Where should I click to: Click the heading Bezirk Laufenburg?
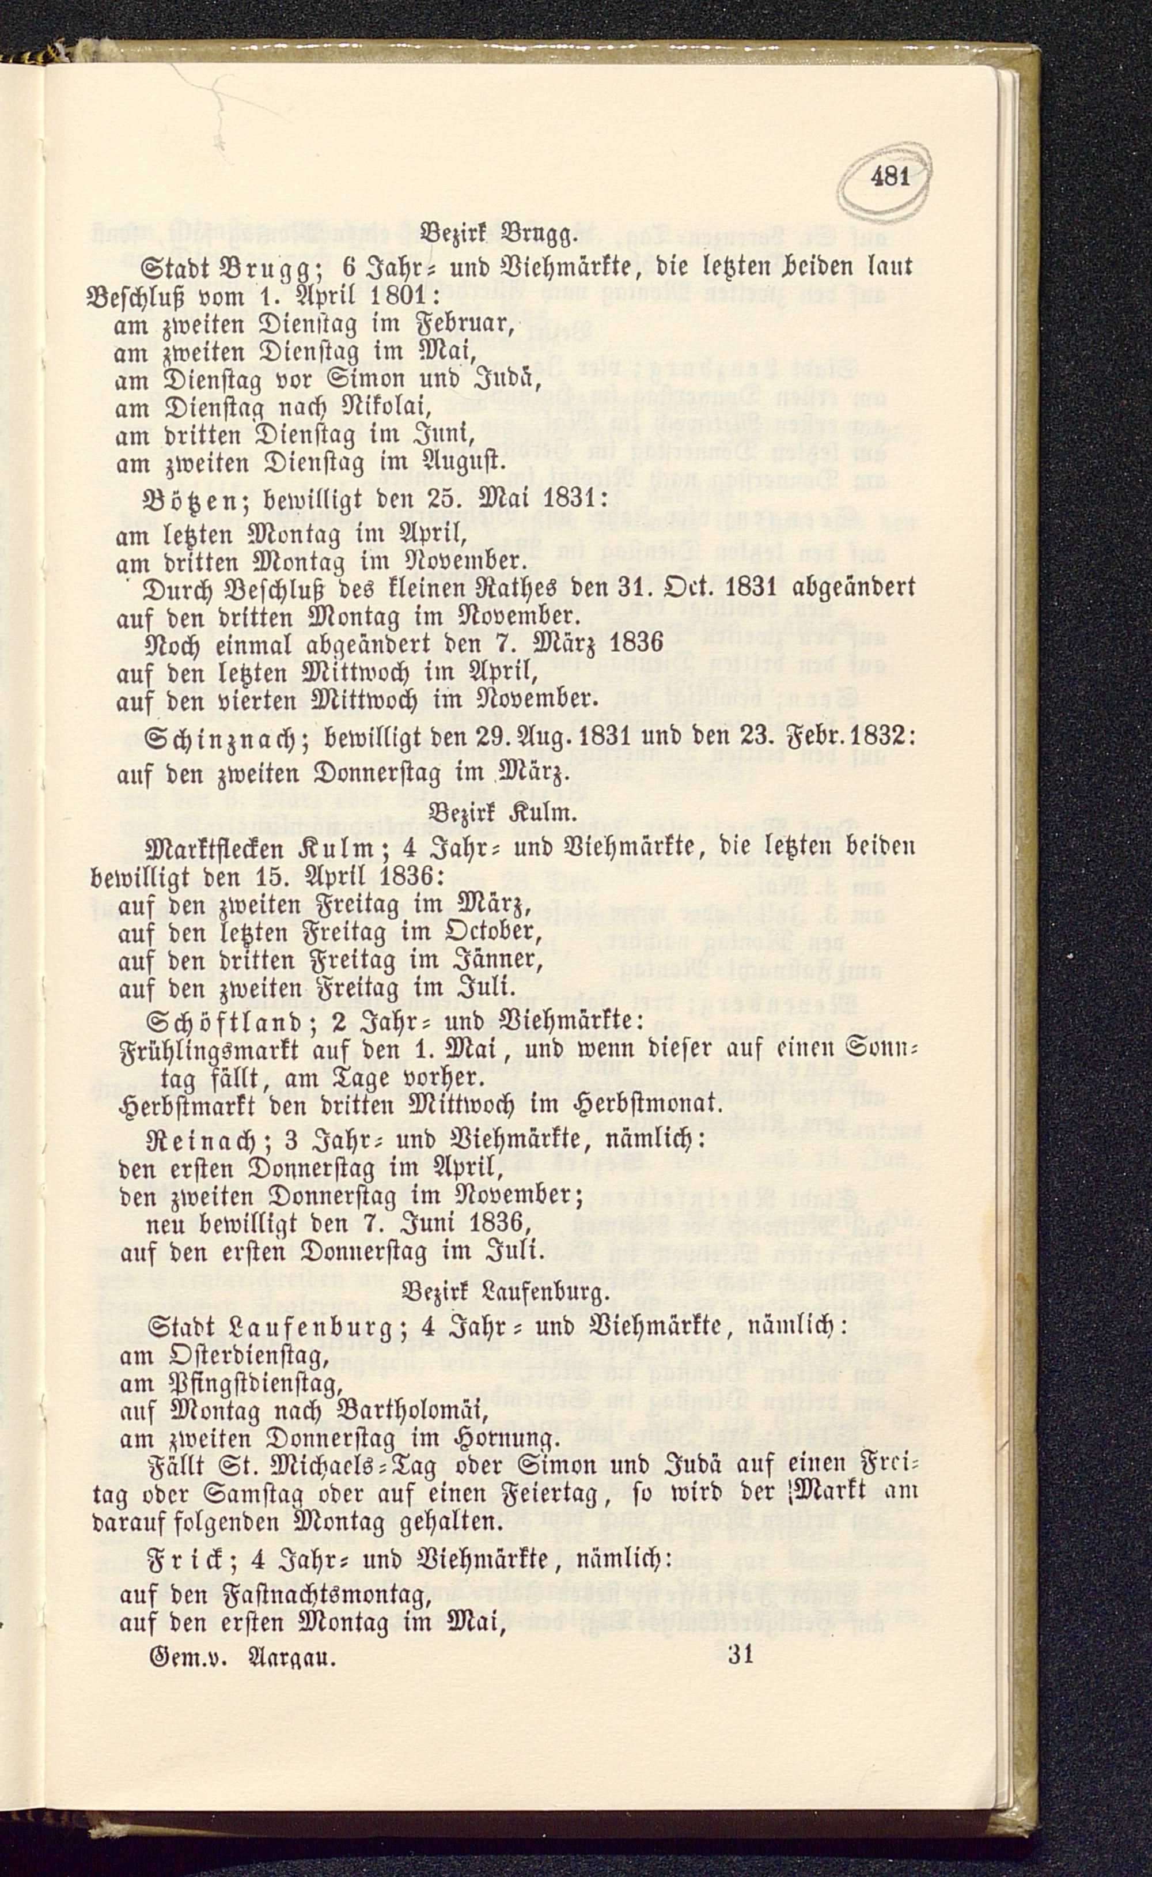505,1293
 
